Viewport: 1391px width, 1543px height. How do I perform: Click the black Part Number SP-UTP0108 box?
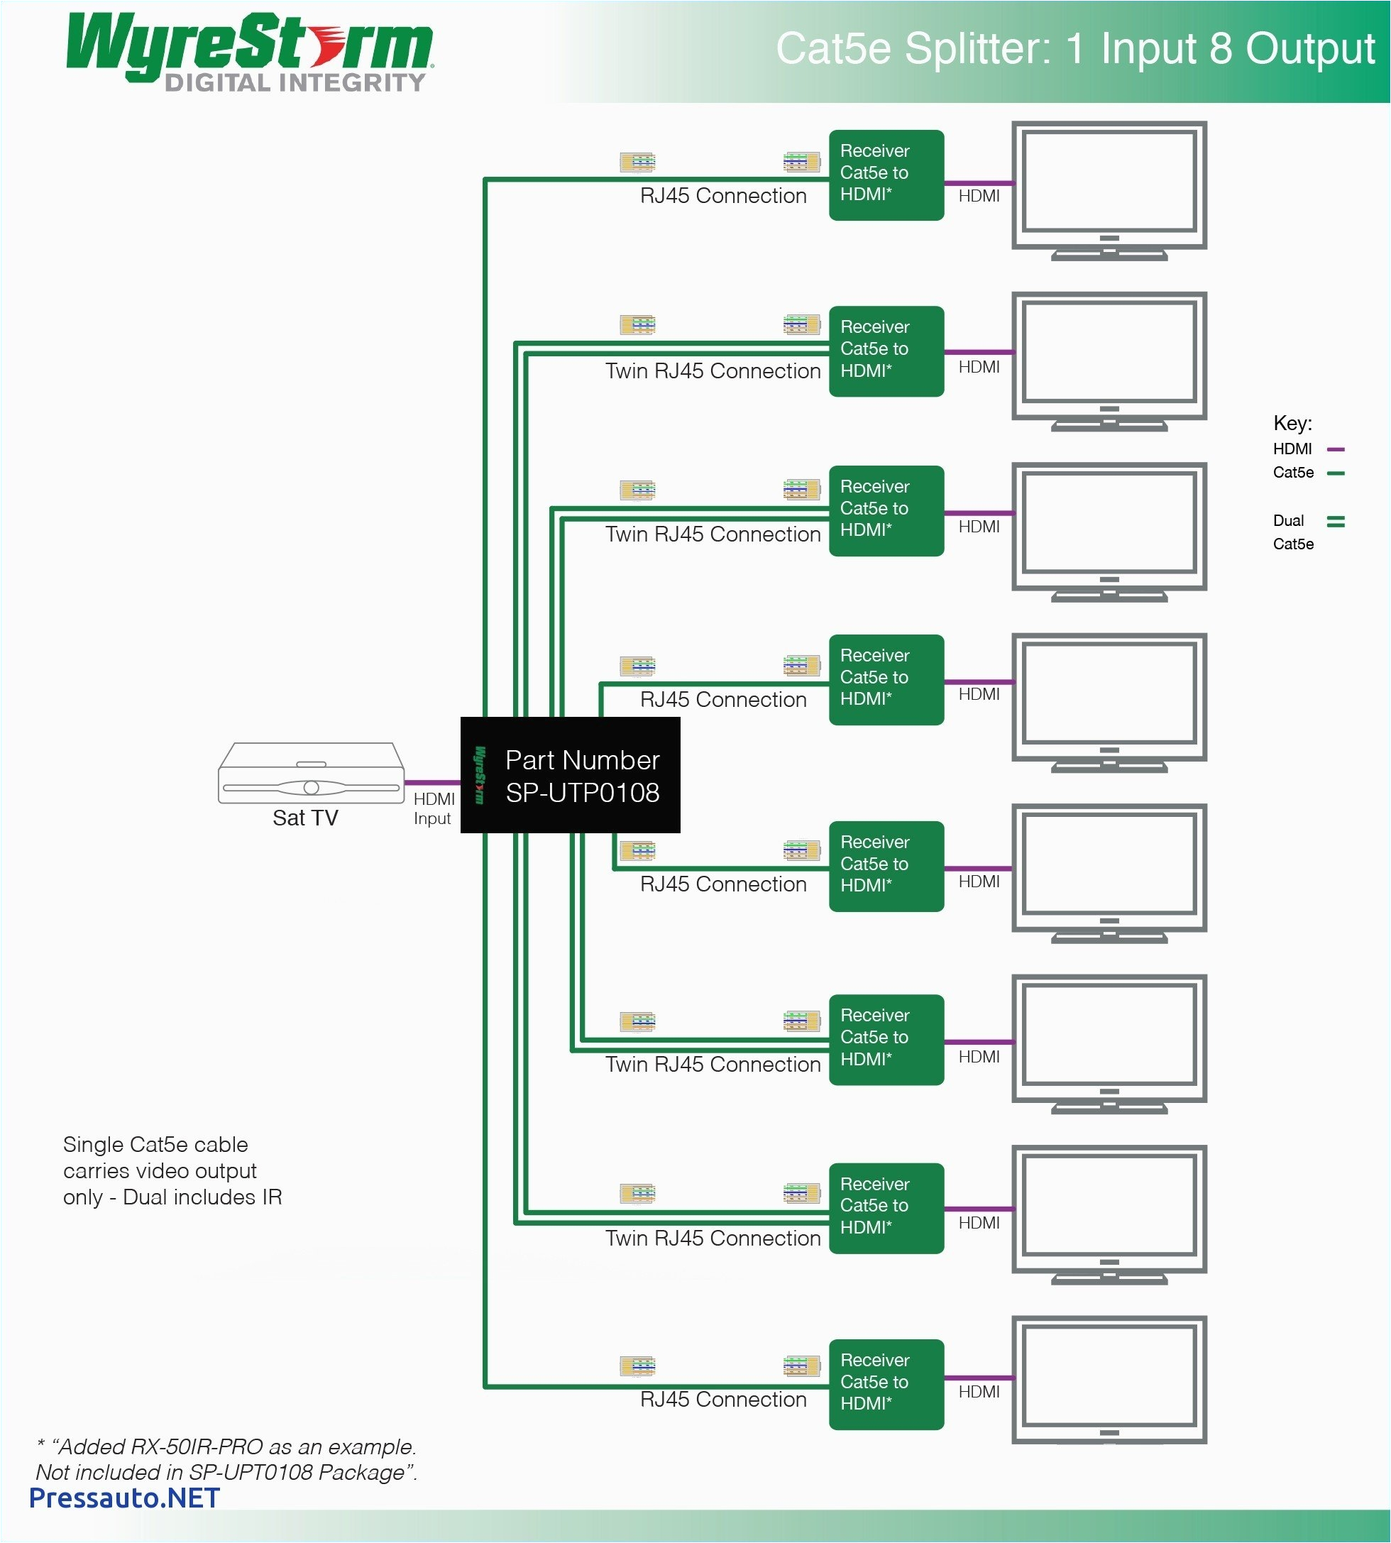570,775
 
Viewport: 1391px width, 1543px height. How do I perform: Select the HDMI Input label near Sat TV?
434,808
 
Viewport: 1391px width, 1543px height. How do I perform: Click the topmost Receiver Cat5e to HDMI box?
886,175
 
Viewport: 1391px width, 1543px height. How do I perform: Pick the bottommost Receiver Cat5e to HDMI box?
886,1384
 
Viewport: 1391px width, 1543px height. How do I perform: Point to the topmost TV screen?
1109,182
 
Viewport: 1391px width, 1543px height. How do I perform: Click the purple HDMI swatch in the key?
1335,449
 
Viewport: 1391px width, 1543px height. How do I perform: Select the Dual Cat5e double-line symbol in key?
1335,521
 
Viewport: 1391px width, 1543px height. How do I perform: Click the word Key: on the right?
1292,424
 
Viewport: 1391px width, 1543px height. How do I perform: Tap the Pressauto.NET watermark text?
123,1497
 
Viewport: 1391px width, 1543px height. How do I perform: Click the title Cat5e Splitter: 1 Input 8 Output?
1074,49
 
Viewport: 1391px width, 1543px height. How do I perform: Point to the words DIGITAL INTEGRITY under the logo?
295,82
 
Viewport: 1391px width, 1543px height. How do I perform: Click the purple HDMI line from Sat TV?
431,783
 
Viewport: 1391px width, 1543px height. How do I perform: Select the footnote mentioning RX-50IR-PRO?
226,1459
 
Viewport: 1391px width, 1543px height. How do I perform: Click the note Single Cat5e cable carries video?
172,1170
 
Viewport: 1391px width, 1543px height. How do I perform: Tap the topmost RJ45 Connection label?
723,196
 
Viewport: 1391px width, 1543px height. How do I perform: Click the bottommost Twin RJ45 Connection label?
713,1238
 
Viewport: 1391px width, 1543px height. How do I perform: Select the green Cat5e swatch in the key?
1335,473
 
